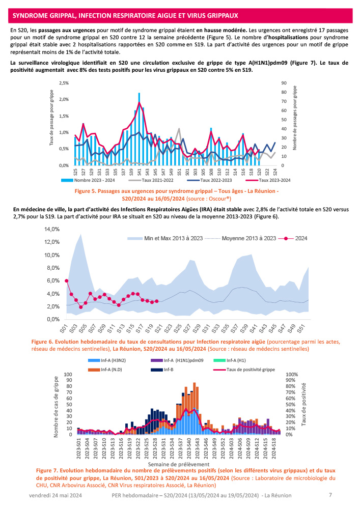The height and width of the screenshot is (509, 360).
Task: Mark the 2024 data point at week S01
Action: click(67, 280)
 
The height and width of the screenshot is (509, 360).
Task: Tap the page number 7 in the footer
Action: click(330, 494)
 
